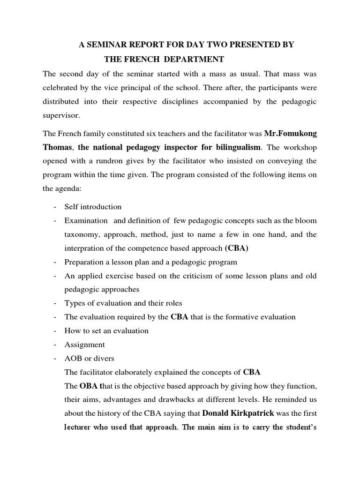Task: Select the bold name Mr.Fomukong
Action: click(x=290, y=134)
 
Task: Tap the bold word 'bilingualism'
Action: click(x=233, y=147)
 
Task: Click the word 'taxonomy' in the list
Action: click(x=80, y=234)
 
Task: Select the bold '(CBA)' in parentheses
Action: click(x=237, y=248)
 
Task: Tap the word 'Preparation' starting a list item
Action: click(x=84, y=262)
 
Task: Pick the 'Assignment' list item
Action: click(x=84, y=345)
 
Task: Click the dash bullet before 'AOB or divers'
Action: click(x=55, y=359)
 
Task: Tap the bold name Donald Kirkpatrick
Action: click(x=238, y=413)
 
